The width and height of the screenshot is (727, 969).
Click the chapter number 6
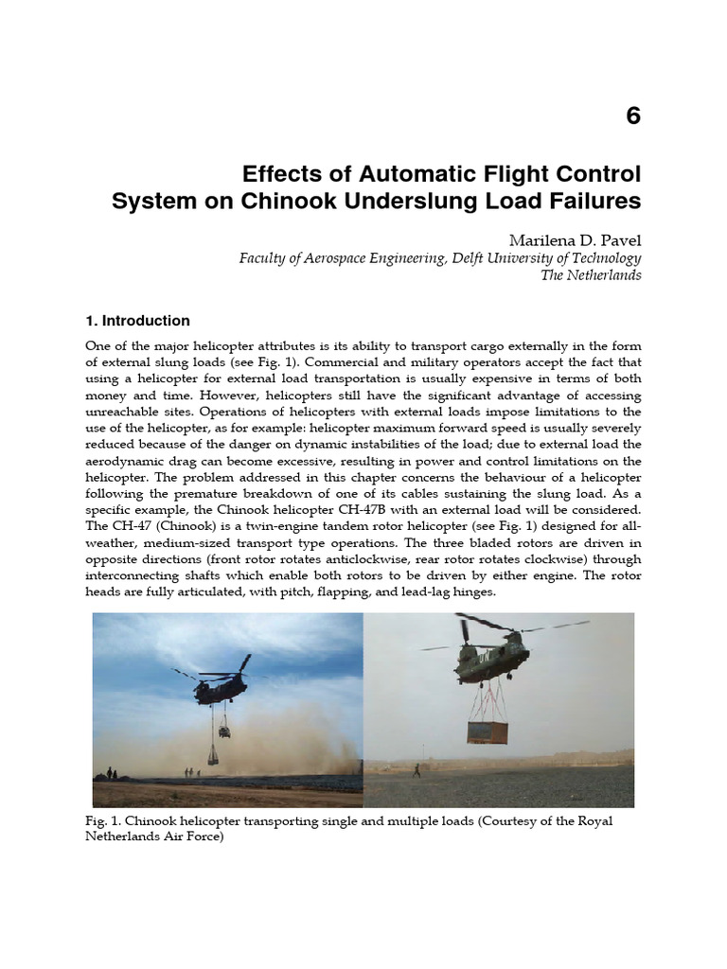click(633, 116)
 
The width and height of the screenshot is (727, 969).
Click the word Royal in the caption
click(595, 820)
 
